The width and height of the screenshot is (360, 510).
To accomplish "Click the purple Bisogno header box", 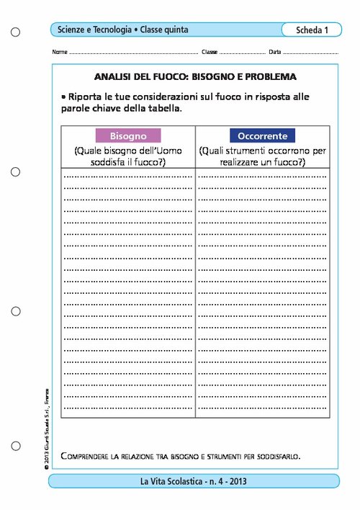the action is (x=128, y=135).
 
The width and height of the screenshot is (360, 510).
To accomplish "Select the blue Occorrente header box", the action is (x=262, y=135).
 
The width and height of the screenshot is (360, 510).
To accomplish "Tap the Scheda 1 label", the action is (x=312, y=30).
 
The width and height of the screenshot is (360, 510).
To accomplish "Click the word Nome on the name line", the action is (x=60, y=53).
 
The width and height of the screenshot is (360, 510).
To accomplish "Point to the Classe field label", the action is (x=210, y=53).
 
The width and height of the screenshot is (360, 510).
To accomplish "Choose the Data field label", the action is (x=275, y=53).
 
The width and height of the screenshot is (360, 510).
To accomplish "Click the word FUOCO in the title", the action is (x=168, y=76).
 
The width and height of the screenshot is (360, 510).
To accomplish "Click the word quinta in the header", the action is (x=174, y=30).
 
